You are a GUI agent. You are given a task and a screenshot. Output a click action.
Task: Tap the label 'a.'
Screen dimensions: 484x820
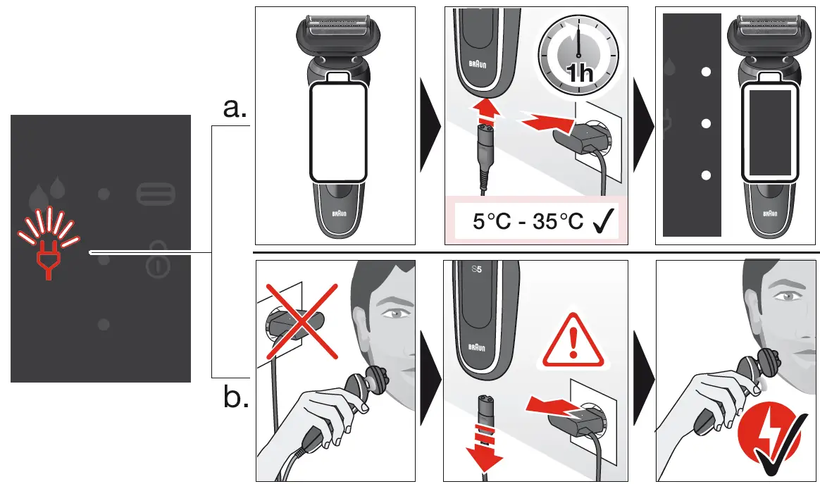click(235, 108)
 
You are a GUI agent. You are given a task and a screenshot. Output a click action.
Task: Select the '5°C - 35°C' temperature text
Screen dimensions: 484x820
click(528, 222)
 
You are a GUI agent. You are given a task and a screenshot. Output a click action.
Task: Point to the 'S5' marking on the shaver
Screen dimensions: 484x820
click(476, 270)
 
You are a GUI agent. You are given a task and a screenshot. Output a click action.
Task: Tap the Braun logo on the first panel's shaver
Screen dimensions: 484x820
click(340, 215)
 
